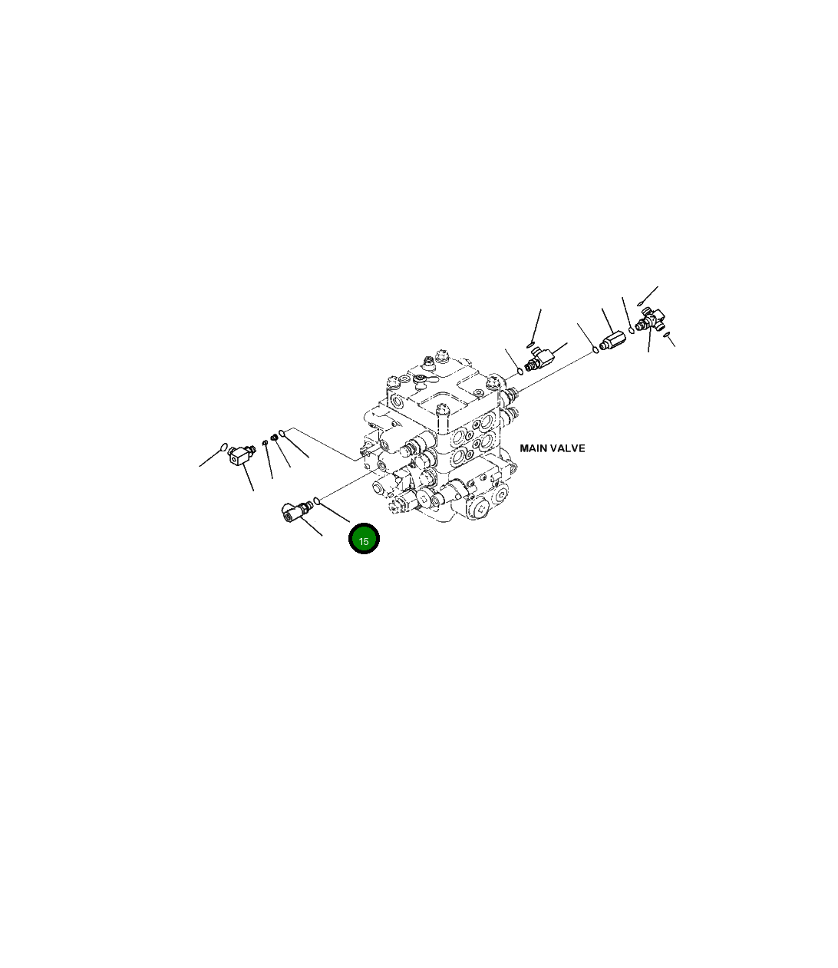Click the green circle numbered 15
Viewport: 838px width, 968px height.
[x=364, y=540]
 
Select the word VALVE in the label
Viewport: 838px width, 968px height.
[x=569, y=448]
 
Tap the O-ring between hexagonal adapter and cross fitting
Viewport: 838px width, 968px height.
[x=632, y=329]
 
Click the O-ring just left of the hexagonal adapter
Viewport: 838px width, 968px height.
[x=596, y=350]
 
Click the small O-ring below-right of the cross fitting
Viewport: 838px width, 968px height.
[x=667, y=334]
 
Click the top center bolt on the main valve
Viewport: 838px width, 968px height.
[x=440, y=355]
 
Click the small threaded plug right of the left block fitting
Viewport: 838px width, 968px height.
[x=273, y=438]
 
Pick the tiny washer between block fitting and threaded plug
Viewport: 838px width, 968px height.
[x=264, y=442]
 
